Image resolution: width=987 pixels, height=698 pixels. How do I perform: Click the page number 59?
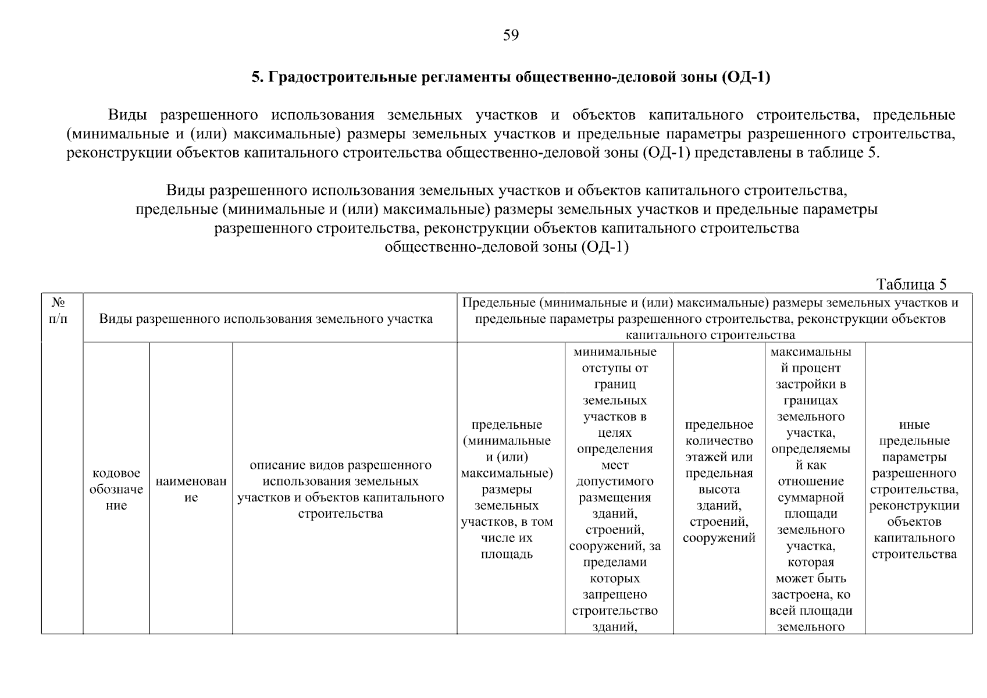pos(510,36)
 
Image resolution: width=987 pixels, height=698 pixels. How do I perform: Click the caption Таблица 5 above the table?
pos(911,284)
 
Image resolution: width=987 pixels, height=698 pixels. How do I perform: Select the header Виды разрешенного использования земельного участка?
pos(266,319)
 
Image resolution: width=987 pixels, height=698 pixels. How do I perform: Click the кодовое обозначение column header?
pos(116,489)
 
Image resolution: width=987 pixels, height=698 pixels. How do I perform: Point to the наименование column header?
pos(191,489)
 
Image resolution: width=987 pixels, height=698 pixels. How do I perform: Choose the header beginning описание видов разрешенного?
pos(341,489)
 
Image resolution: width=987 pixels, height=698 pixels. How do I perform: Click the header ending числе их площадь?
pos(507,489)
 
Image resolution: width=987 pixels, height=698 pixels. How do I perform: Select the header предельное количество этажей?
pos(719,481)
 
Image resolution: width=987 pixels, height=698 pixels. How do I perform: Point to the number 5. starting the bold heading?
pos(258,77)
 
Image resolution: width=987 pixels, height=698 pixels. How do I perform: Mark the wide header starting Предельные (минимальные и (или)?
pos(710,318)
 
